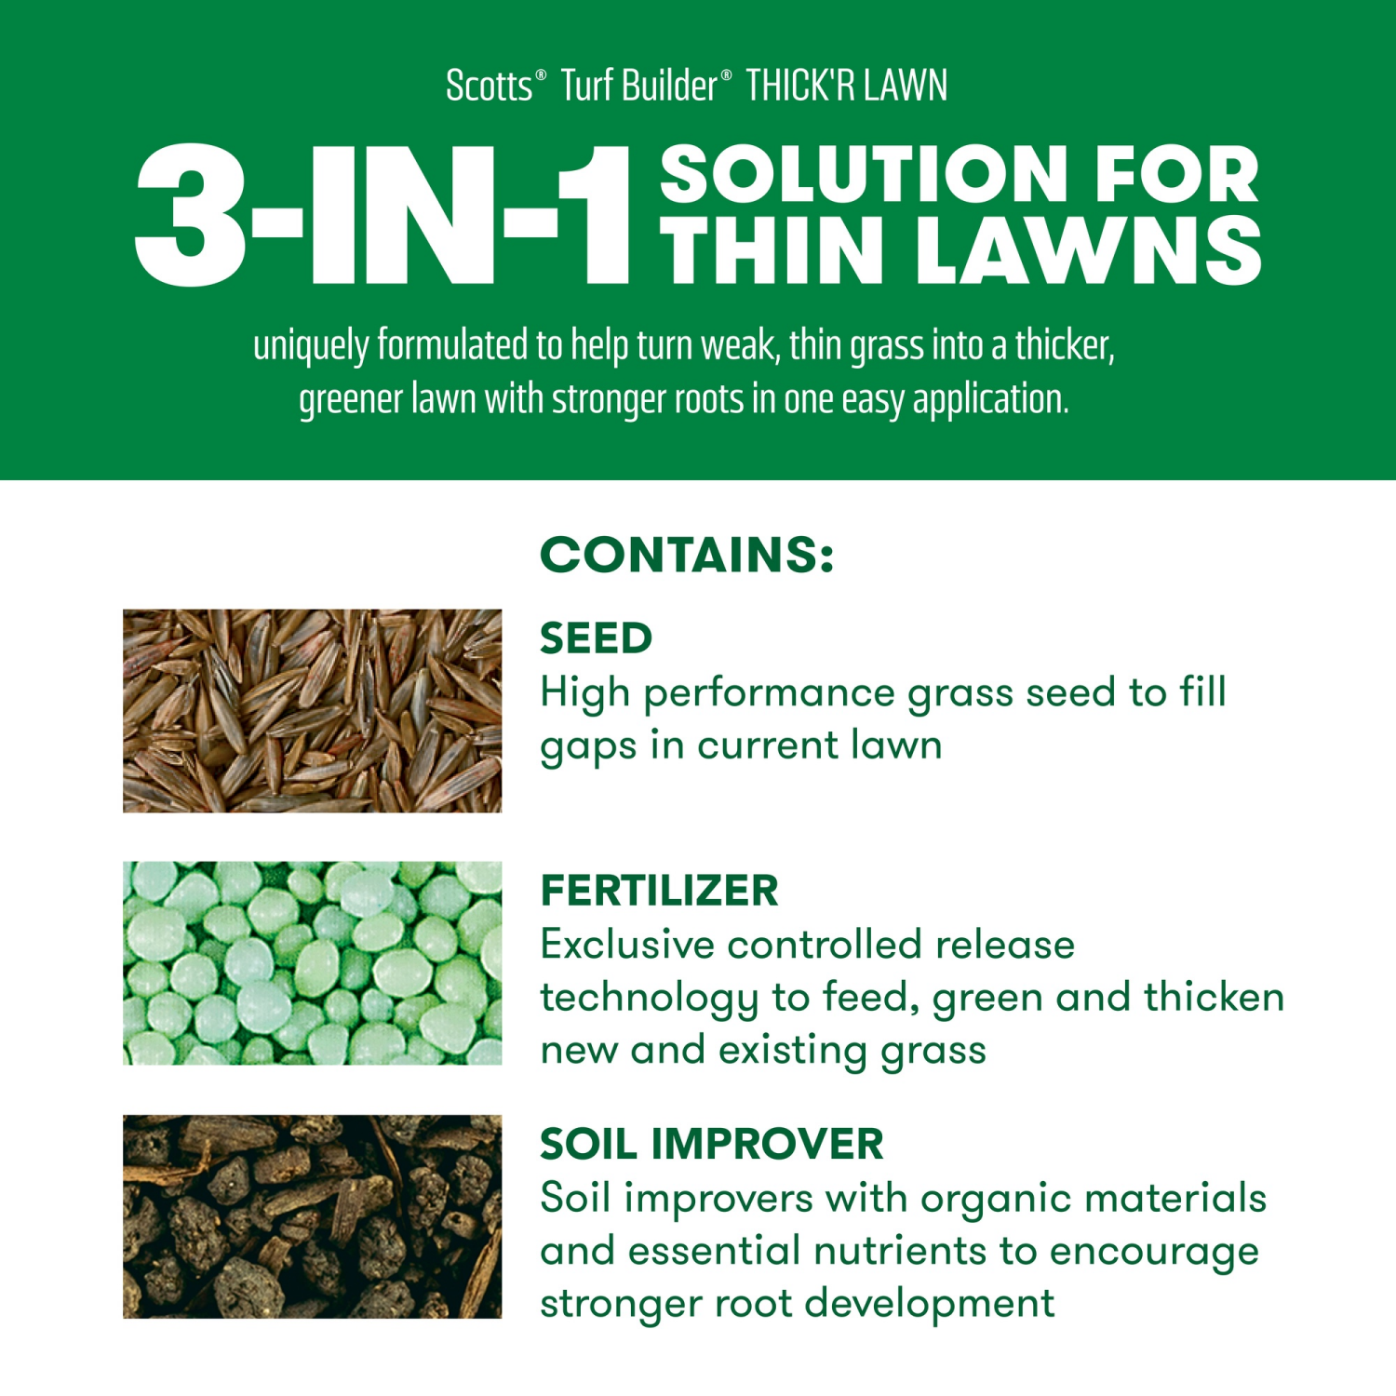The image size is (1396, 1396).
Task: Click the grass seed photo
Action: click(x=312, y=710)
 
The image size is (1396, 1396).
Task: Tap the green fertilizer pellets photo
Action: click(x=312, y=962)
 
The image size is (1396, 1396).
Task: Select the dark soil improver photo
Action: click(x=312, y=1215)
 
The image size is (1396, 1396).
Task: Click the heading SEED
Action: click(x=596, y=638)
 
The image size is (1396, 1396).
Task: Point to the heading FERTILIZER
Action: click(x=659, y=891)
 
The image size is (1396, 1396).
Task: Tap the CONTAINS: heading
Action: click(x=687, y=555)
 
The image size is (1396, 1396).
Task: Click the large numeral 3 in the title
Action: click(x=191, y=215)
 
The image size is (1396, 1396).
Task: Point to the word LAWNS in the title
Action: click(x=1088, y=250)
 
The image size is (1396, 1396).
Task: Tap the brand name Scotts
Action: click(x=490, y=86)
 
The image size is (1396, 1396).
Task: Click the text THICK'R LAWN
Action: click(x=846, y=86)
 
